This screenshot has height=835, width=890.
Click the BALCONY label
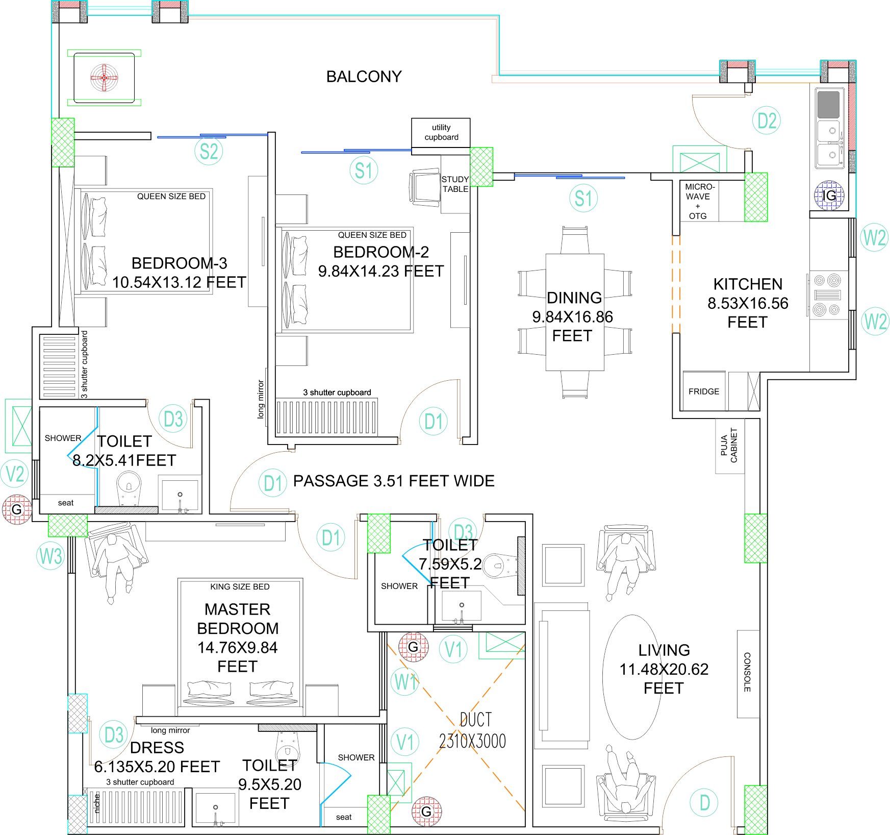(x=364, y=77)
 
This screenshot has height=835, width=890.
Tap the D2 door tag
(x=767, y=120)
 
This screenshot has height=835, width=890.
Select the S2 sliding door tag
(x=209, y=151)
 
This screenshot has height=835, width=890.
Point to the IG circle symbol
(x=829, y=195)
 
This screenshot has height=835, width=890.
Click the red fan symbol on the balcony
(x=104, y=78)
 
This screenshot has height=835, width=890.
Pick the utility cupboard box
(x=441, y=133)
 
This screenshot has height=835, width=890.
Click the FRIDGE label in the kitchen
(x=704, y=391)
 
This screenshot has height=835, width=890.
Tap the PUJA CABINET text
(x=729, y=446)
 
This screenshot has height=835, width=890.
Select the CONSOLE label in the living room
(x=747, y=672)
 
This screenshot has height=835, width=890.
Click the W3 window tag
(x=50, y=556)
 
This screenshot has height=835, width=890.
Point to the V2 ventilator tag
(x=15, y=474)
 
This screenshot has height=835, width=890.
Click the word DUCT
(x=476, y=720)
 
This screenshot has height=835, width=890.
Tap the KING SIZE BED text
(x=240, y=587)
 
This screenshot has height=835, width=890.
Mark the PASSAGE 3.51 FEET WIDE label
(x=394, y=481)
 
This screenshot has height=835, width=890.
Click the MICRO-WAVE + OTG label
(x=699, y=201)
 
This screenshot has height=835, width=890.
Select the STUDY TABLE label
(x=455, y=184)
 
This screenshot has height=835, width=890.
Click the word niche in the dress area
(x=97, y=804)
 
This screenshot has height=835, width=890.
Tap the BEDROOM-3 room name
(x=179, y=263)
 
